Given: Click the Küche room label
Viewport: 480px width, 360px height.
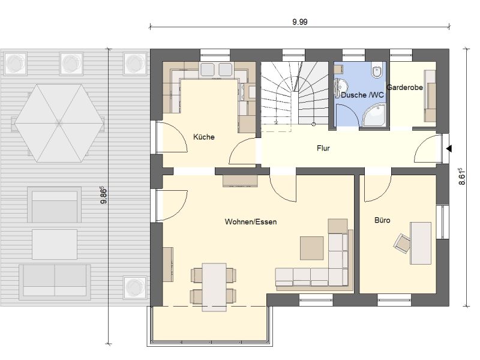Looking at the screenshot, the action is [x=203, y=137].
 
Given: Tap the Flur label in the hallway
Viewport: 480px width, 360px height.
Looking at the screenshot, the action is [x=323, y=148].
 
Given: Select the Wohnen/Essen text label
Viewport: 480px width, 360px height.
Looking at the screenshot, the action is [x=251, y=221].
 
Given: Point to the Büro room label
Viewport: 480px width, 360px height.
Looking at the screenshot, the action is [x=382, y=220].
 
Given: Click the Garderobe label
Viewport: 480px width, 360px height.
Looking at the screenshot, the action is [x=404, y=87].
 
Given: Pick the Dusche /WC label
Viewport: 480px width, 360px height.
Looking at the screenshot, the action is [x=362, y=95].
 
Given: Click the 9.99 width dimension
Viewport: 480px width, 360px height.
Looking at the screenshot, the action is [x=299, y=22].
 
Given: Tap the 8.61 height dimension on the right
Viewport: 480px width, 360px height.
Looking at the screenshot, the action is [x=462, y=176].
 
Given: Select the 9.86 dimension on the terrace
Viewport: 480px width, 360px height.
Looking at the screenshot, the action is [x=104, y=195].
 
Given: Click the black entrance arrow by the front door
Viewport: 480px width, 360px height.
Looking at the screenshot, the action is [x=449, y=149].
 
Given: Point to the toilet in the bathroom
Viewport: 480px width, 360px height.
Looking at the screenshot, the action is [x=377, y=71].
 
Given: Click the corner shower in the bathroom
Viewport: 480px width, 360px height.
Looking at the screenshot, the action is [x=374, y=115].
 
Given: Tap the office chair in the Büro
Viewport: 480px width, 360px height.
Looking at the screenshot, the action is [x=402, y=243].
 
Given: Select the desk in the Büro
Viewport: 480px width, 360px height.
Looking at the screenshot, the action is [x=421, y=243].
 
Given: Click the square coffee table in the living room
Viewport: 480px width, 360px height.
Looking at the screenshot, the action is [x=311, y=248].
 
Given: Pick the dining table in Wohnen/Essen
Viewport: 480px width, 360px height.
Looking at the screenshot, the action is [x=214, y=287].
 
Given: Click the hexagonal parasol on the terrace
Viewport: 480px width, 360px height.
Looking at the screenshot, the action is [x=58, y=123].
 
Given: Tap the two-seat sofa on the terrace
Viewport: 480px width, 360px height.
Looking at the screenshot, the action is [x=55, y=282].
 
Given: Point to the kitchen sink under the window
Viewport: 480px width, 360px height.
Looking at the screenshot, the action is [x=216, y=69].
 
